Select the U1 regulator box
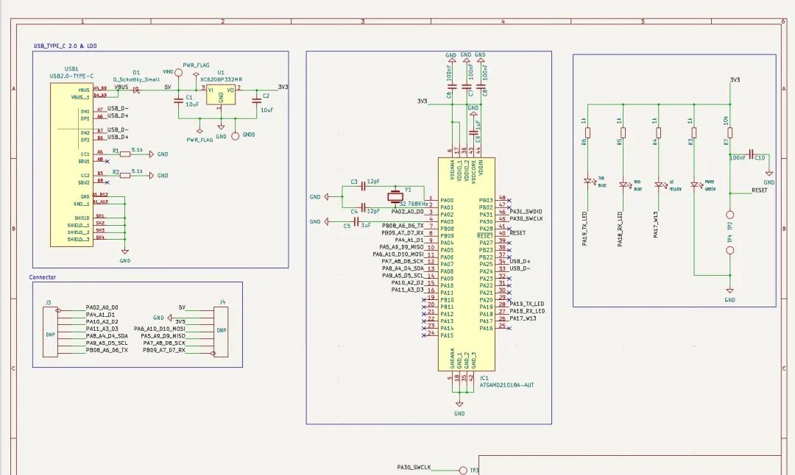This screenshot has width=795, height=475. (x=220, y=96)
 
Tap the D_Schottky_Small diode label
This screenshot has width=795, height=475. (x=136, y=79)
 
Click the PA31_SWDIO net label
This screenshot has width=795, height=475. (x=527, y=212)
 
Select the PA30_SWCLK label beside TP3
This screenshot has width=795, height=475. (x=414, y=468)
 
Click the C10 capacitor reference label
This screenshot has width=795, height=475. (x=760, y=157)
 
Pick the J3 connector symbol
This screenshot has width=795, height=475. (x=49, y=332)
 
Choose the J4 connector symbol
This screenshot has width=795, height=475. (x=221, y=332)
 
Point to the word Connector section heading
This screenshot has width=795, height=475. (x=42, y=277)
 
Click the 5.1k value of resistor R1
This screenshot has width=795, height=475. (x=137, y=150)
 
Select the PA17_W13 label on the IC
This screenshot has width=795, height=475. (x=522, y=318)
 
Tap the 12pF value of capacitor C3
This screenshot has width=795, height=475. (x=373, y=182)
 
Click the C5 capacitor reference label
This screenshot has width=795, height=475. (x=347, y=226)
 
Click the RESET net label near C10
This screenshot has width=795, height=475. (x=760, y=190)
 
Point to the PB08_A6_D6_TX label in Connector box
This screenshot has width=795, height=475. (x=107, y=350)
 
